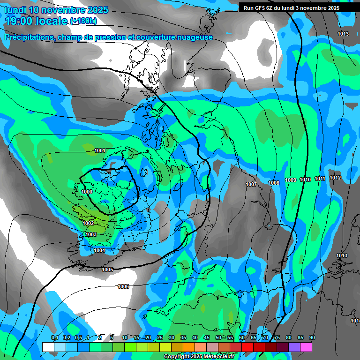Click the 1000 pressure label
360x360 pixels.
coord(87,192)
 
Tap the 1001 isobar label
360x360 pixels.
coord(99,150)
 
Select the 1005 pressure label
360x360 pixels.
coord(108,270)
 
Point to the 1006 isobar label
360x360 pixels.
coord(123,286)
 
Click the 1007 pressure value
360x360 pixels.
coord(251,184)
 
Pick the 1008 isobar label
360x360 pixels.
coord(274,183)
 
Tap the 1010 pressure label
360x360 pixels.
coord(305,180)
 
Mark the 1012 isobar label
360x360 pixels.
coord(335,178)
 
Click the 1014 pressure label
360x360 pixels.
coord(355,321)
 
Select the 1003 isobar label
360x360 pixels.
coord(91,234)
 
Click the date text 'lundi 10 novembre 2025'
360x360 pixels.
coord(56,10)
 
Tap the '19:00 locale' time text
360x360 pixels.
coord(36,21)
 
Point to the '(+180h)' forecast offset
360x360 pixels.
coord(83,21)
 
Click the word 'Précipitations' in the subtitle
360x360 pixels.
coord(28,37)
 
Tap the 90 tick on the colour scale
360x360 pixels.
coord(312,338)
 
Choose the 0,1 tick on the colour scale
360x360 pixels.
coord(55,338)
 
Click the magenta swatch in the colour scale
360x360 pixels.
coord(306,347)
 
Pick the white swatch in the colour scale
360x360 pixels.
coord(48,347)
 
